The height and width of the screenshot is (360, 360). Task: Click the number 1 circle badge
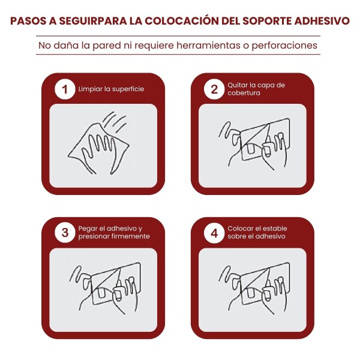(x=65, y=89)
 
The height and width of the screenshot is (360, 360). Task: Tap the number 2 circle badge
(x=214, y=89)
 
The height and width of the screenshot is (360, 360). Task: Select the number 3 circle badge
(x=65, y=233)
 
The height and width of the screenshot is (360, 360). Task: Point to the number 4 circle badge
(x=214, y=233)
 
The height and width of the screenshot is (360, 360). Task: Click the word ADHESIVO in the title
(x=322, y=21)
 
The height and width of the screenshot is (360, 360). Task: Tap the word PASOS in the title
(x=28, y=21)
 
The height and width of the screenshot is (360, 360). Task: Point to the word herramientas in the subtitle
(x=208, y=45)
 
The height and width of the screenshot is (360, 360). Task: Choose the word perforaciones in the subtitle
(x=284, y=46)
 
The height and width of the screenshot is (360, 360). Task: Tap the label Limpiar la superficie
(x=111, y=89)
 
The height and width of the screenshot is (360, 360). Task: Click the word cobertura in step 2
(x=244, y=93)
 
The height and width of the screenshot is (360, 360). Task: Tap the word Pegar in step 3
(x=86, y=229)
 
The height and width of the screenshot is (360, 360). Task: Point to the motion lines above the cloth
(x=115, y=122)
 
